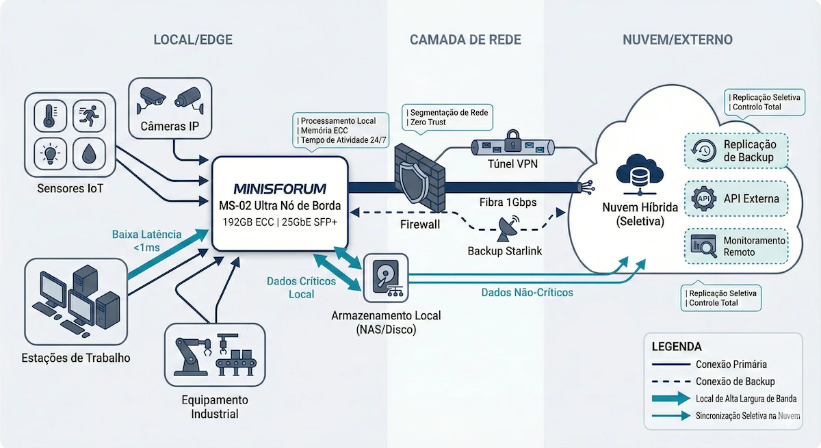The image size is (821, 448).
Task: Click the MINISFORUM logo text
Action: point(280,188)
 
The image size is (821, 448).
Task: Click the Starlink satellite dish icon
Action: point(506,227)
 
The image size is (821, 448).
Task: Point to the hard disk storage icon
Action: point(385,278)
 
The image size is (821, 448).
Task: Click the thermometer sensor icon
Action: point(49,116)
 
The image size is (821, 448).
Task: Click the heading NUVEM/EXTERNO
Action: point(677,40)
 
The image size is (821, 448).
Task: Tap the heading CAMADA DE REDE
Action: point(465,40)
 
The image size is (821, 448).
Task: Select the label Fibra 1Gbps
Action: point(508,203)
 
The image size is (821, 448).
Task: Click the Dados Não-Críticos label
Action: point(527,292)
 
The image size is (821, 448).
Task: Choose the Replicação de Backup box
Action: point(736,151)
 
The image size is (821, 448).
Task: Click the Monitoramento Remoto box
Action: point(736,246)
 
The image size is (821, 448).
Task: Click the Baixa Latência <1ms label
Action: point(147,241)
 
